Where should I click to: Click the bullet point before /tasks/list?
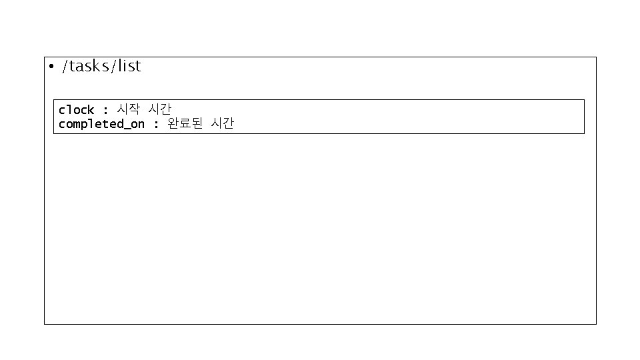(x=51, y=67)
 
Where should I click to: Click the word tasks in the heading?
(x=87, y=66)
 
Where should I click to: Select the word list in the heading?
(x=129, y=66)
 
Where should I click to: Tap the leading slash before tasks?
(x=65, y=67)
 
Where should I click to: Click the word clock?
(x=76, y=109)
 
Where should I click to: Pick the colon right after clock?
(x=105, y=110)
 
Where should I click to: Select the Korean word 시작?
(x=128, y=109)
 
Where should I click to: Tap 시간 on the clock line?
(x=159, y=109)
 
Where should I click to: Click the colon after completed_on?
(x=156, y=125)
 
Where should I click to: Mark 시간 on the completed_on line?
(x=222, y=124)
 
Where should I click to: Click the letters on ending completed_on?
(x=137, y=125)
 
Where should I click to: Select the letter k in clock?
(x=91, y=109)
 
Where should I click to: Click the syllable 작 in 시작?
(x=134, y=109)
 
